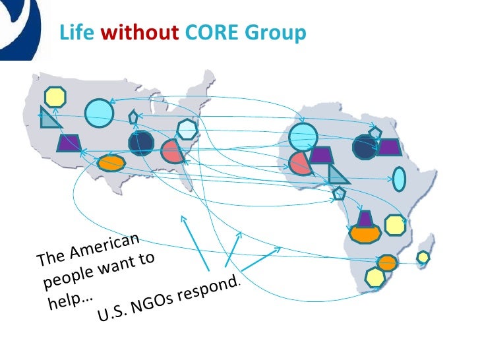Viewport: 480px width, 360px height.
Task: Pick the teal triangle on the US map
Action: [49, 119]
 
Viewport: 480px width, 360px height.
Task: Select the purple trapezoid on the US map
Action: [68, 142]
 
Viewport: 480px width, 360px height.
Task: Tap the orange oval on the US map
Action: [111, 162]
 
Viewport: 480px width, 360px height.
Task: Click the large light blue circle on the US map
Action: [100, 112]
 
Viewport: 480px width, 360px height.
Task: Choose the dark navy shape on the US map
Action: [141, 143]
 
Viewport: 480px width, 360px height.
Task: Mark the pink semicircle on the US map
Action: [171, 152]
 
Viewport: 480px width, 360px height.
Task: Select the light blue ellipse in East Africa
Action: [400, 178]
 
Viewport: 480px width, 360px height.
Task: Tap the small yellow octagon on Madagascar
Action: [423, 256]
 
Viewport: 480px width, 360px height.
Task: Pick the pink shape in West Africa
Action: [300, 162]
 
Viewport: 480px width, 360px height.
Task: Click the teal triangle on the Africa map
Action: [338, 174]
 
